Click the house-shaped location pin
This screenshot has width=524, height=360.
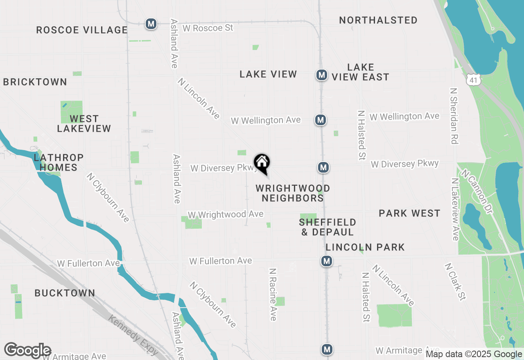(x=262, y=163)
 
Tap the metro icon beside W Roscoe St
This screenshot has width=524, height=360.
(x=151, y=24)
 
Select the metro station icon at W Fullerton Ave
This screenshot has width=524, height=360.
(x=326, y=261)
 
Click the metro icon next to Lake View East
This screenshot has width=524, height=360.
(x=322, y=75)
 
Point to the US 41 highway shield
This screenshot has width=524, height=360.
(x=474, y=80)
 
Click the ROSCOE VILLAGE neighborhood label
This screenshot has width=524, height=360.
(x=82, y=30)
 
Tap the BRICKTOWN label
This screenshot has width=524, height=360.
(x=35, y=82)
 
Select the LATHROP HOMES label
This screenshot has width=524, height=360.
(x=59, y=162)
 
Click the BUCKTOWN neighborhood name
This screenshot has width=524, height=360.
(x=65, y=293)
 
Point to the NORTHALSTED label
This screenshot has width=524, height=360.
(x=378, y=20)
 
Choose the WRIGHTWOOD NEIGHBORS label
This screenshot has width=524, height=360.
(x=293, y=193)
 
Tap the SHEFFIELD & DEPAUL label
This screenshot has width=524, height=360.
(x=327, y=227)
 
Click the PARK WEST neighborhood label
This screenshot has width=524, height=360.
(x=409, y=213)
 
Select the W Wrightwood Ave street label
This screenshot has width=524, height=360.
(x=225, y=215)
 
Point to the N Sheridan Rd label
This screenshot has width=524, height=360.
(x=453, y=116)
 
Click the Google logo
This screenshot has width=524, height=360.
(x=27, y=351)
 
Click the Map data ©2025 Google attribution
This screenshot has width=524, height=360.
(x=474, y=354)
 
